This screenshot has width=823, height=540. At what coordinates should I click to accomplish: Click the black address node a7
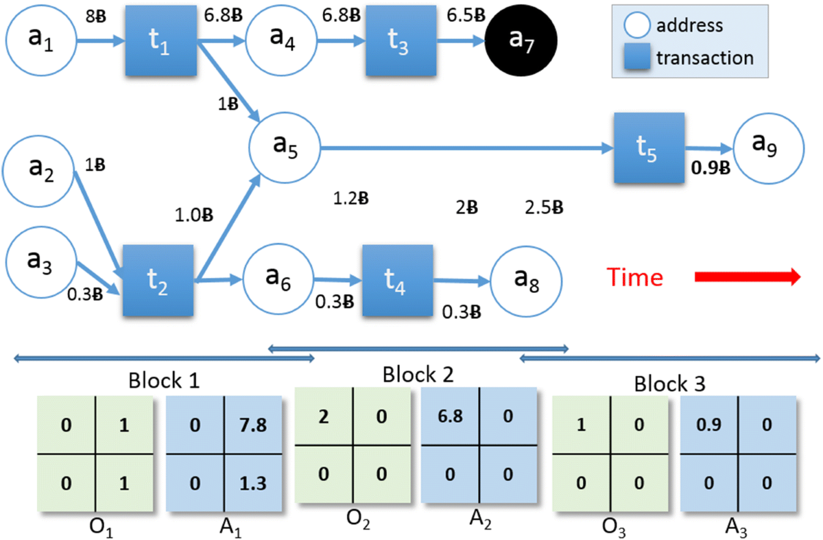pos(522,40)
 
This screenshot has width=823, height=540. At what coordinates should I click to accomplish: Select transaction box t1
pos(161,42)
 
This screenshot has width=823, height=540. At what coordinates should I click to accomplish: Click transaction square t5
pos(649,148)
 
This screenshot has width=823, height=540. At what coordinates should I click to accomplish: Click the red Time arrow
pos(748,277)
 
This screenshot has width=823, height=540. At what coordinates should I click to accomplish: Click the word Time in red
pos(634,277)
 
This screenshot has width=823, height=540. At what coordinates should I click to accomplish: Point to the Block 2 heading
pos(418,375)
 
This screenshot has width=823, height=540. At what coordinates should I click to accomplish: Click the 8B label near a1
pos(95,17)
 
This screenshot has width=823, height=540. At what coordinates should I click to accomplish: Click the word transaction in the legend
pos(705,58)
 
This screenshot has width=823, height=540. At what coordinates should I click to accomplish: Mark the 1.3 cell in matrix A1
pos(254,483)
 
